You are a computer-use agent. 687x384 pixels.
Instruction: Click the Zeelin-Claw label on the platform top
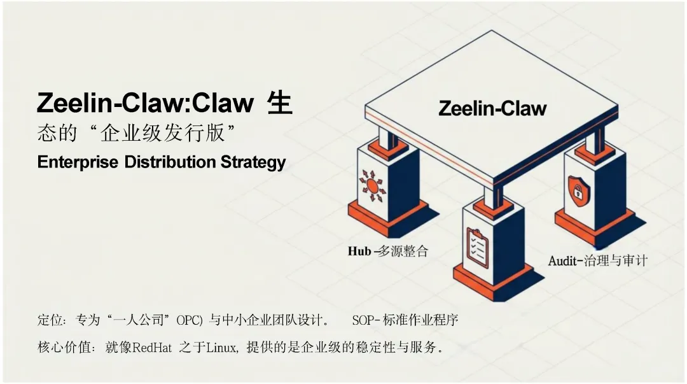tap(492, 108)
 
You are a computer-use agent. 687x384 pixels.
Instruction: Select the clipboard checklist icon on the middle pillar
tap(477, 248)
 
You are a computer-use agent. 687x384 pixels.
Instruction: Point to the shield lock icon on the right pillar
tap(578, 188)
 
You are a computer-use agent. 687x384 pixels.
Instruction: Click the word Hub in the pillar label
tap(359, 251)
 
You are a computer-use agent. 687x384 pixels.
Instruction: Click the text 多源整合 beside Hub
tap(403, 251)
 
